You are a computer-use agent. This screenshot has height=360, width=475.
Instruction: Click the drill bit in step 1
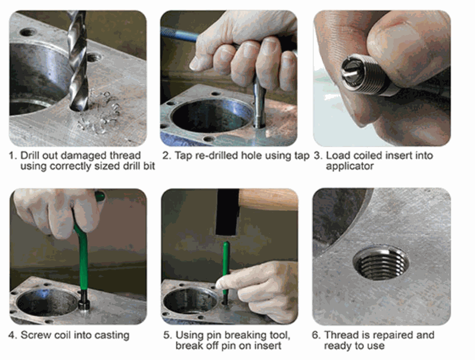point(77,61)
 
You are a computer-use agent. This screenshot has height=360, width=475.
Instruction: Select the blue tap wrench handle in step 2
point(179,35)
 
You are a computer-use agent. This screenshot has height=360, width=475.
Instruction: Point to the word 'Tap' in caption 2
point(183,156)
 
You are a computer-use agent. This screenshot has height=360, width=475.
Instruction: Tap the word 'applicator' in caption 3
point(349,166)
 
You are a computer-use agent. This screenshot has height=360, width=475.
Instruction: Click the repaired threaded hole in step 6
point(381,262)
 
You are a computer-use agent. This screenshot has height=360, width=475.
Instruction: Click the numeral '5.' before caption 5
point(167,335)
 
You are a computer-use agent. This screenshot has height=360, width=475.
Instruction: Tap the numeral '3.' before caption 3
point(317,156)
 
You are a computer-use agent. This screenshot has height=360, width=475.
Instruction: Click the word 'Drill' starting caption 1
point(29,155)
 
